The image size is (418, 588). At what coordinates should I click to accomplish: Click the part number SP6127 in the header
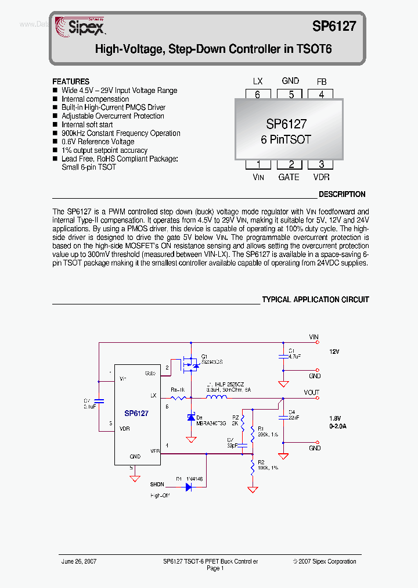(x=334, y=26)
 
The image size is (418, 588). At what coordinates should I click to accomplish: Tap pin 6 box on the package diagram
(x=257, y=95)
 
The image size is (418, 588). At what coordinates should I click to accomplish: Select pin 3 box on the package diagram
(x=321, y=165)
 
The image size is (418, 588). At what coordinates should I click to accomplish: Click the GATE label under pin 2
(x=289, y=177)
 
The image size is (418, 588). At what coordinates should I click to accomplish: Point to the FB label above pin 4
(x=322, y=81)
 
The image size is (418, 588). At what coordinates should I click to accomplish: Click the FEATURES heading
(x=71, y=82)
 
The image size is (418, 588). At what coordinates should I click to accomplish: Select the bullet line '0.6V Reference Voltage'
(x=98, y=142)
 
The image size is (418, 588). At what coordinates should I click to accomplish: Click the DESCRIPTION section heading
(x=342, y=195)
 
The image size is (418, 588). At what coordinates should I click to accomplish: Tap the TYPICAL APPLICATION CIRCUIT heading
(x=315, y=300)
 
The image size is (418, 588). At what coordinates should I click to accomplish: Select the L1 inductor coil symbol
(x=217, y=398)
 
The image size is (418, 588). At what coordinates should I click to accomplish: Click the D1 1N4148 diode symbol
(x=189, y=487)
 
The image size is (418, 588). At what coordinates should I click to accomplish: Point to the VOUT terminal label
(x=311, y=393)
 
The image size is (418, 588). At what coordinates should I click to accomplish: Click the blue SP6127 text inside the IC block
(x=136, y=414)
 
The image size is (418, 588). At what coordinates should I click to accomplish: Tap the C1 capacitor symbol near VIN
(x=283, y=354)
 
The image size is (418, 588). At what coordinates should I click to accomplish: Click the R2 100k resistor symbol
(x=253, y=467)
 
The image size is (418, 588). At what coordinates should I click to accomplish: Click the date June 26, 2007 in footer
(x=79, y=561)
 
